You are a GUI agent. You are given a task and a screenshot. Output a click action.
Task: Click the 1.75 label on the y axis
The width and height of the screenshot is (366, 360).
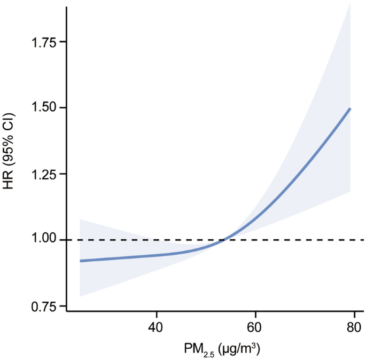coord(45,42)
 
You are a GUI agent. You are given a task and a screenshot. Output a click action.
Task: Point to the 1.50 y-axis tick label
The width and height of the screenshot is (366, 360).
coord(45,108)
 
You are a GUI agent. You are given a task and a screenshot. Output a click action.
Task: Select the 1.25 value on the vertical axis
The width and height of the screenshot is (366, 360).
coord(45,174)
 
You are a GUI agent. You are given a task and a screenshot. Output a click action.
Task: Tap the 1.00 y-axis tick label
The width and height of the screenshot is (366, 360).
coord(45,240)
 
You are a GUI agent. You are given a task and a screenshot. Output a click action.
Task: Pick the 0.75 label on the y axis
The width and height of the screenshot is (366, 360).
coord(45,307)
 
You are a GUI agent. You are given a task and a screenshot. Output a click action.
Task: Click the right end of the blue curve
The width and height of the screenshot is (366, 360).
coord(350,108)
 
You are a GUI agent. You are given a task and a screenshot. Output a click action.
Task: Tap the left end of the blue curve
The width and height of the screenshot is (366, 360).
coord(80,261)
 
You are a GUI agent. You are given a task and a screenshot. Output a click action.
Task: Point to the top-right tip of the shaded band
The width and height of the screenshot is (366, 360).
coord(350,3)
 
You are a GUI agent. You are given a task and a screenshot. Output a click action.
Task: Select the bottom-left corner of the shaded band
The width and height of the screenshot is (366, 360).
coord(80,296)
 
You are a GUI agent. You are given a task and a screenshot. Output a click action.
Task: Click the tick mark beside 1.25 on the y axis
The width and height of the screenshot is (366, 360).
coord(64,174)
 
